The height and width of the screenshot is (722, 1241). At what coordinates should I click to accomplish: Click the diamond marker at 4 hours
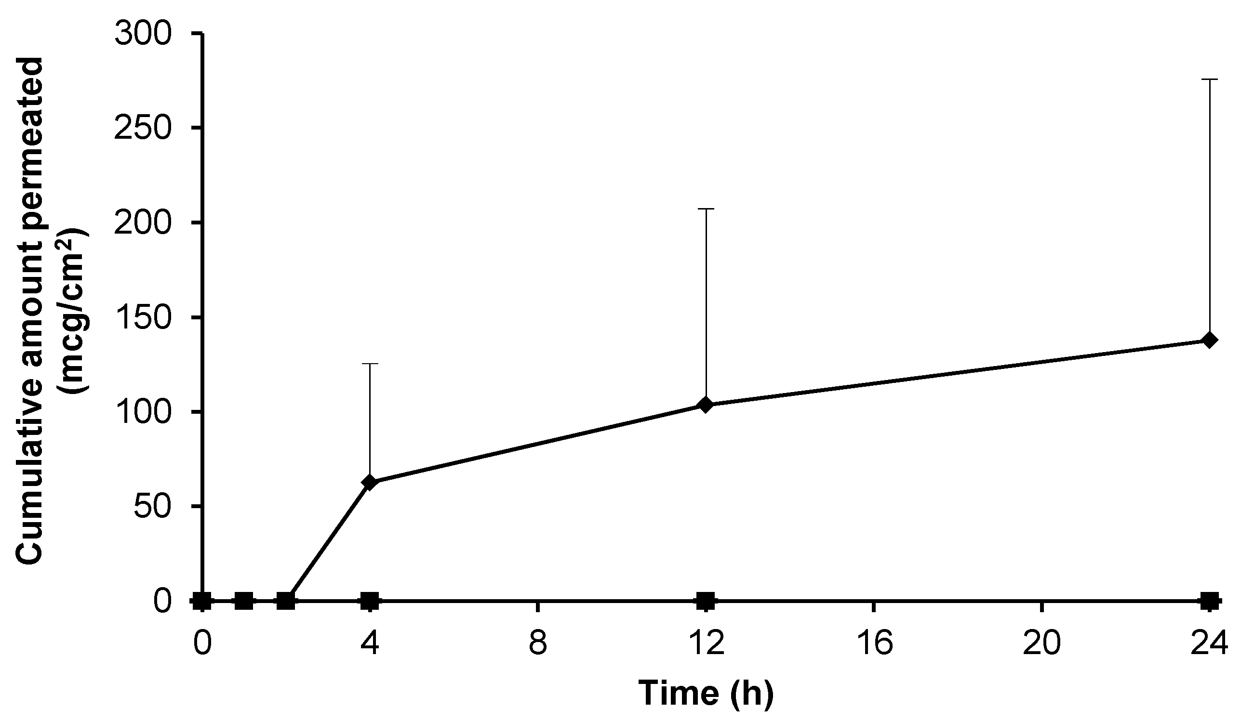370,481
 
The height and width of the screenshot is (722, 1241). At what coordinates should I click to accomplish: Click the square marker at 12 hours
706,601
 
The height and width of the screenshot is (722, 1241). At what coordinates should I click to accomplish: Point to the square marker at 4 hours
370,601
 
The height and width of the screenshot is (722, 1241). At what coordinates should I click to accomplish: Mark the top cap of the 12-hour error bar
706,209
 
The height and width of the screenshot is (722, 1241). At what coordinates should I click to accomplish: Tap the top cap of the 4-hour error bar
370,364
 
